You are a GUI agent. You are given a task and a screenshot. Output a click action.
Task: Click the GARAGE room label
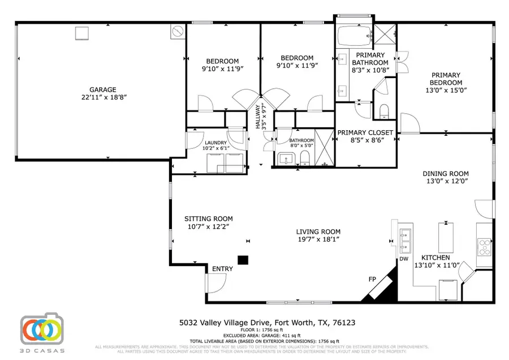tap(102, 89)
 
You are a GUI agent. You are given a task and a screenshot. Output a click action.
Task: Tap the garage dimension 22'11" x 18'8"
tap(102, 97)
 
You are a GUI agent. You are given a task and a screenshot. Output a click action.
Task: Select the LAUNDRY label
tap(216, 143)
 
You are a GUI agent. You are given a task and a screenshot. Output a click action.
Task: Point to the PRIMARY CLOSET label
tap(365, 132)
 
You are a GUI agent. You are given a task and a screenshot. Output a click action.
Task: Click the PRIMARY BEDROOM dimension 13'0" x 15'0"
tap(446, 90)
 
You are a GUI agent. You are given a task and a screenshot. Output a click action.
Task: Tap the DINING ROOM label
tap(446, 174)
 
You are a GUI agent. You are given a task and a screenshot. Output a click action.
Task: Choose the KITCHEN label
tap(438, 258)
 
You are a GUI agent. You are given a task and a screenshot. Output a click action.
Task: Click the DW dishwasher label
tap(404, 259)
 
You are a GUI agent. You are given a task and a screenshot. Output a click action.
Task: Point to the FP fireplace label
tap(372, 279)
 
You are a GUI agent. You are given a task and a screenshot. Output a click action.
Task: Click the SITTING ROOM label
tap(209, 218)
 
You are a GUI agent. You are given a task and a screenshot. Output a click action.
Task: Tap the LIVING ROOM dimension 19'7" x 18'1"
tap(318, 239)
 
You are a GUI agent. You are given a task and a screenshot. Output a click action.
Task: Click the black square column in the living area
tap(243, 260)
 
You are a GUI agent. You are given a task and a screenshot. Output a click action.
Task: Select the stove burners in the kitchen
tap(485, 247)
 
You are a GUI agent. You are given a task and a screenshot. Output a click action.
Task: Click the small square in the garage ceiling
tap(82, 33)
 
